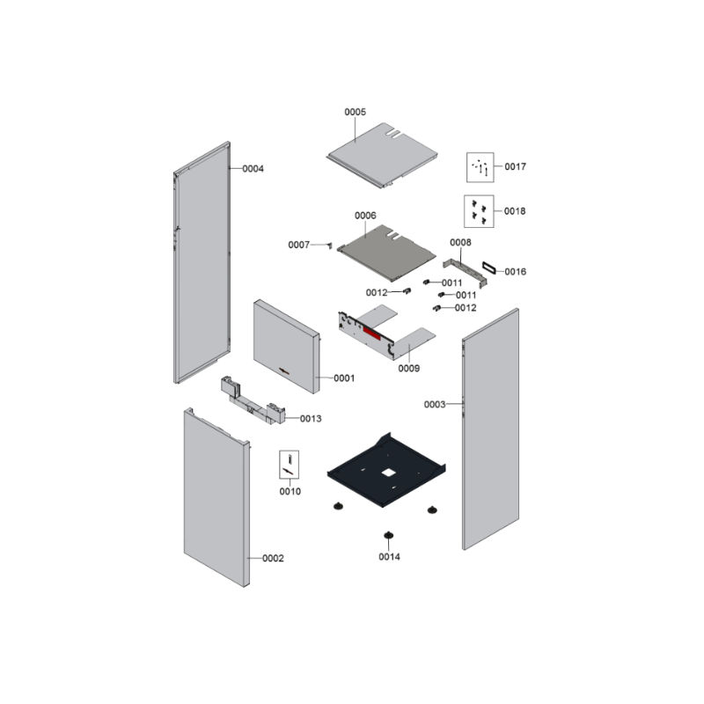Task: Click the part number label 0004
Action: click(253, 168)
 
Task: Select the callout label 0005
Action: click(355, 113)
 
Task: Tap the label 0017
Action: click(515, 166)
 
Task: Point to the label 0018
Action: click(515, 211)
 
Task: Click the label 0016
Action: click(515, 272)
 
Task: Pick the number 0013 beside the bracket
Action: click(311, 419)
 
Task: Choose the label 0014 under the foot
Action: click(389, 557)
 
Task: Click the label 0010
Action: click(290, 491)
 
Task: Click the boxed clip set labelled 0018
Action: click(479, 211)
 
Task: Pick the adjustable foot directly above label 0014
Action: click(388, 535)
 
